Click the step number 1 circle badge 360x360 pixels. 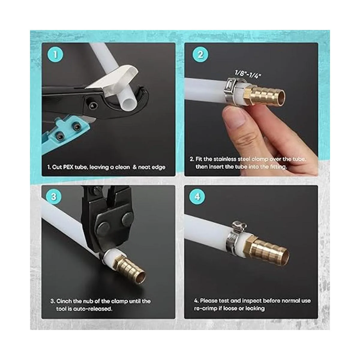55,55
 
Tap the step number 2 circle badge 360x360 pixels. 200,55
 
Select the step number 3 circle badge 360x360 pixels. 54,197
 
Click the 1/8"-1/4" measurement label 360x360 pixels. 248,74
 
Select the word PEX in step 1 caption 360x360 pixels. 68,167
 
